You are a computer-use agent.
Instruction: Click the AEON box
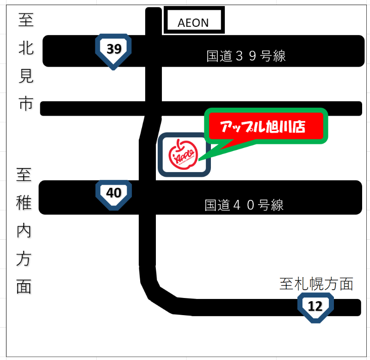tap(194, 22)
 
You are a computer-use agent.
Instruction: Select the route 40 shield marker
tap(114, 193)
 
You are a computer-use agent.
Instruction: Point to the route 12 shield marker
tap(315, 306)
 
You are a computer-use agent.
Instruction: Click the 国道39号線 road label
tap(246, 56)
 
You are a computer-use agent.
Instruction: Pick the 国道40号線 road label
tap(244, 205)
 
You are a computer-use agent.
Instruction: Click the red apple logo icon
tap(184, 154)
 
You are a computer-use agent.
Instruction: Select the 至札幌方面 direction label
tap(316, 284)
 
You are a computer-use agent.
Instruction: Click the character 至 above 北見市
tap(26, 20)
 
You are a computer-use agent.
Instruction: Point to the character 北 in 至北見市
tap(26, 48)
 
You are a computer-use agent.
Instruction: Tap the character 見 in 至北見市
tap(26, 76)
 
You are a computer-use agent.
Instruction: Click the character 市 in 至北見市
tap(26, 104)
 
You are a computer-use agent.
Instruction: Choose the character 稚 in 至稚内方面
tap(24, 203)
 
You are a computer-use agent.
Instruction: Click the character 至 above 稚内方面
tap(24, 175)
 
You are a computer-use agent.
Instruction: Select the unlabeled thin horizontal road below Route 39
tap(277, 108)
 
